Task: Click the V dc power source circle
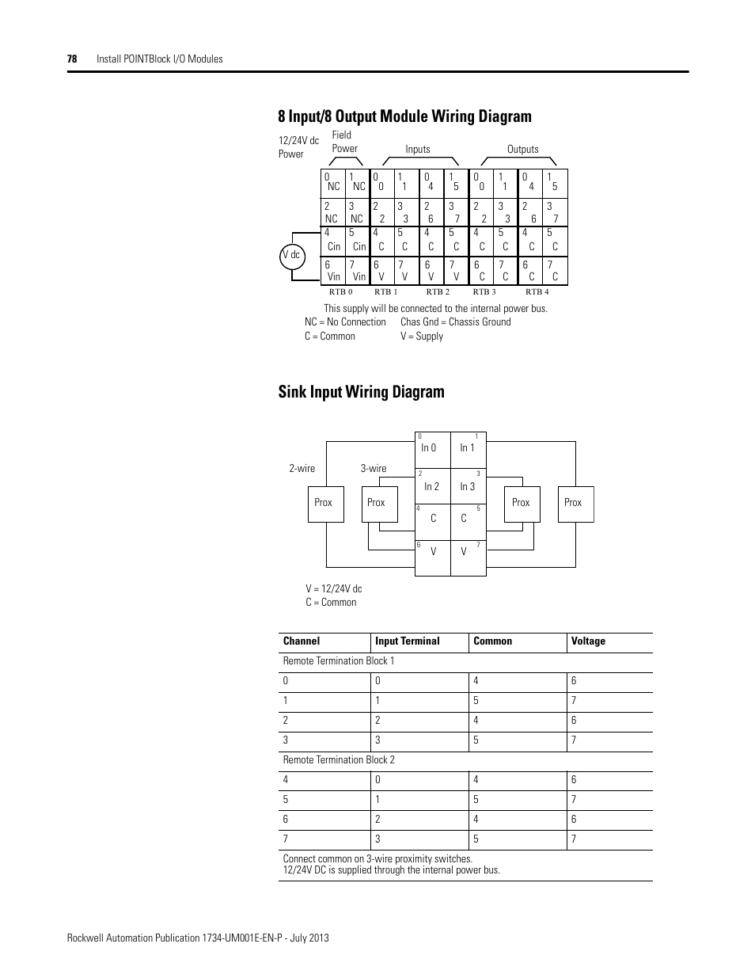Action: click(291, 255)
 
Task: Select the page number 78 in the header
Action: click(72, 59)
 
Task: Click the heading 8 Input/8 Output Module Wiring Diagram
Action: click(404, 116)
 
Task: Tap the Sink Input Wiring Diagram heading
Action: click(361, 392)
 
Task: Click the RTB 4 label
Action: click(537, 292)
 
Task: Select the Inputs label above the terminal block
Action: click(418, 149)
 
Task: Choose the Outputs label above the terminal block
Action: click(522, 149)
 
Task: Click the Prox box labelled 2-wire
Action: click(324, 503)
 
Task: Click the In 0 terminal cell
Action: click(431, 450)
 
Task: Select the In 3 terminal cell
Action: click(468, 488)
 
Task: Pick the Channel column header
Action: click(302, 641)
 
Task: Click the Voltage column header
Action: click(588, 641)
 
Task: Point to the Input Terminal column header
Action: click(408, 641)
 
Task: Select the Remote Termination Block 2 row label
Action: click(339, 759)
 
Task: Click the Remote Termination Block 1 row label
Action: click(339, 660)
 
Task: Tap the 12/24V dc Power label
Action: click(298, 147)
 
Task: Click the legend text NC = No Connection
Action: click(345, 322)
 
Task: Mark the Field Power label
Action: click(344, 142)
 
